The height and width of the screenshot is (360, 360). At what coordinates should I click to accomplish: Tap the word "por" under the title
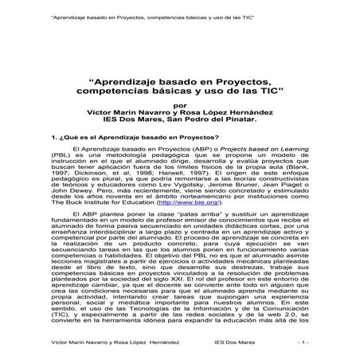182,105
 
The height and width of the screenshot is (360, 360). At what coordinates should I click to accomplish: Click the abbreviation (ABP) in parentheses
174,149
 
